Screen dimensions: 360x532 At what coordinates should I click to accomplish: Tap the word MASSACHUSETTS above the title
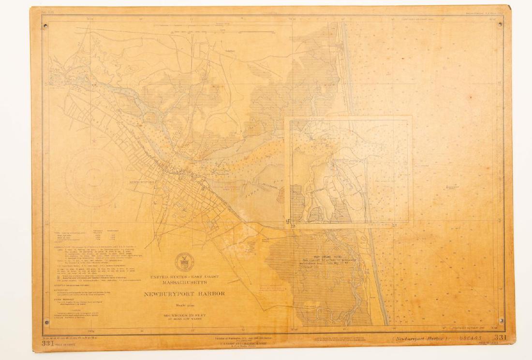(183, 282)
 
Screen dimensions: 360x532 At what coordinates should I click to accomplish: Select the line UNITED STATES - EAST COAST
(183, 276)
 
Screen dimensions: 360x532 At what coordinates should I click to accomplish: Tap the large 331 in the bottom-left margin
(47, 344)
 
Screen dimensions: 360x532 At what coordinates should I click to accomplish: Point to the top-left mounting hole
(45, 26)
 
